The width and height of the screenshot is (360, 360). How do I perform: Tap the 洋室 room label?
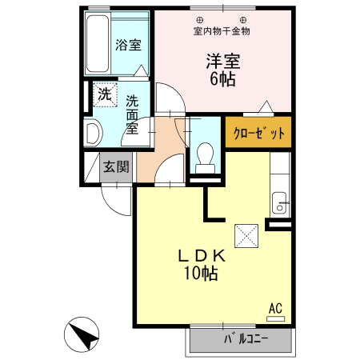223,60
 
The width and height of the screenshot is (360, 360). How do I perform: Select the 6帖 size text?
223,79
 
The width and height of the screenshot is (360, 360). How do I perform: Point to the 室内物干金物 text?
222,31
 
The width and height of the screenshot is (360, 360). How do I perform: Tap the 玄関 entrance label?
116,167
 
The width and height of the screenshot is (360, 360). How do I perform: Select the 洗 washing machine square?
104,94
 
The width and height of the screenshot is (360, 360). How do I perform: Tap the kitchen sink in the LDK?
280,203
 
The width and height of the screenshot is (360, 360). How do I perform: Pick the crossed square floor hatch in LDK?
244,236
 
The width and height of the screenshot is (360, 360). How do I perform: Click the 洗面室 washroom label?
133,114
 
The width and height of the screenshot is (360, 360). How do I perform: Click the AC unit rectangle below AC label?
275,318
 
